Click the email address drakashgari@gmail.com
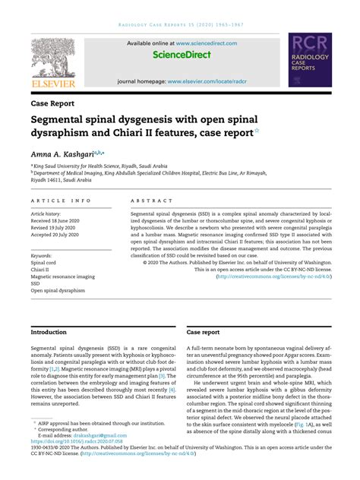tap(92, 456)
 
